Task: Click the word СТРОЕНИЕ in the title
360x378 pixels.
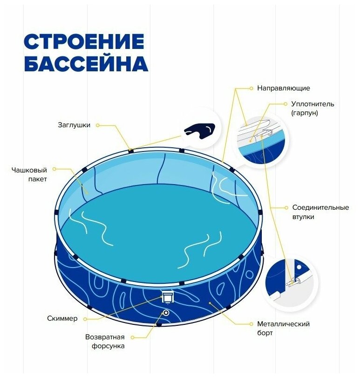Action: (x=84, y=41)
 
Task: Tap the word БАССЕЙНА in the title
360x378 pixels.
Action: (x=86, y=64)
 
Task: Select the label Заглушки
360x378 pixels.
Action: (x=74, y=125)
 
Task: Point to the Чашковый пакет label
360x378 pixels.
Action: (x=29, y=174)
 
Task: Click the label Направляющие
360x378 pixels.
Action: (x=283, y=88)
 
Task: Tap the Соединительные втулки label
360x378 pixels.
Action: (x=320, y=212)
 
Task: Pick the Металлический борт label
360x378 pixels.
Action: (x=283, y=328)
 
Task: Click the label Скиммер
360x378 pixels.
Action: (x=62, y=319)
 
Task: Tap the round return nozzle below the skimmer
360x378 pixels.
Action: (x=165, y=312)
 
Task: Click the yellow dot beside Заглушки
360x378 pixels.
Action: (x=99, y=125)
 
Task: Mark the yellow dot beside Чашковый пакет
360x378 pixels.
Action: (x=54, y=169)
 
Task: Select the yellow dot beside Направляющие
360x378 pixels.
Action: (x=251, y=88)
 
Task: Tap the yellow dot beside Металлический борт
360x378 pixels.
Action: (x=251, y=323)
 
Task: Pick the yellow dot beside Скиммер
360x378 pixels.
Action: (x=87, y=319)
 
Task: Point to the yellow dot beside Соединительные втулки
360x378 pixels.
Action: (x=285, y=207)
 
